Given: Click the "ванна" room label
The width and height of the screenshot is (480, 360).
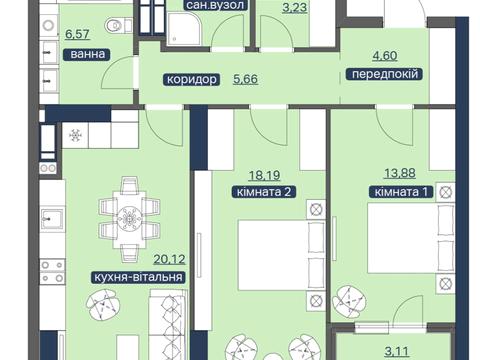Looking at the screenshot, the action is pyautogui.click(x=86, y=54).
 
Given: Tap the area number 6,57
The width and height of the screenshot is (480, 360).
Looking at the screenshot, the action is pyautogui.click(x=77, y=34).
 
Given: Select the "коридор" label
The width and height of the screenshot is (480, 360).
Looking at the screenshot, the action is pyautogui.click(x=191, y=79).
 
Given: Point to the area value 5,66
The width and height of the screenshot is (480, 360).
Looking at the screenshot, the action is pyautogui.click(x=245, y=79).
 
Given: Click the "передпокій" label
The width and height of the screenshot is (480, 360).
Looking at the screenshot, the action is pyautogui.click(x=385, y=74).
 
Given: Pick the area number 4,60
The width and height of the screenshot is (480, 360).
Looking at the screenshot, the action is pyautogui.click(x=385, y=56).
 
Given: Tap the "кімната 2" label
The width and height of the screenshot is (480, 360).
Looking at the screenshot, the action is pyautogui.click(x=264, y=192).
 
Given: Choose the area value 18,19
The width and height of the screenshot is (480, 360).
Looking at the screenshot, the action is pyautogui.click(x=265, y=175).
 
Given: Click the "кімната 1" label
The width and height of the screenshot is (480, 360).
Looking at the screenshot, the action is pyautogui.click(x=401, y=192).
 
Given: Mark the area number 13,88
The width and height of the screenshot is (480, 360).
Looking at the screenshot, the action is pyautogui.click(x=400, y=173).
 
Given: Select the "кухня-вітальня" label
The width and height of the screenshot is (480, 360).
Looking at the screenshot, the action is pyautogui.click(x=138, y=277).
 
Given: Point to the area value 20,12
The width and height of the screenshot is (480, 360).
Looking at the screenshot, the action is pyautogui.click(x=169, y=259).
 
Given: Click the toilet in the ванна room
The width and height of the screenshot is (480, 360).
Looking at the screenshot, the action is pyautogui.click(x=115, y=25).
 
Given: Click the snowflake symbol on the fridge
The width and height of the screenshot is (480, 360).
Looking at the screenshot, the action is pyautogui.click(x=75, y=135).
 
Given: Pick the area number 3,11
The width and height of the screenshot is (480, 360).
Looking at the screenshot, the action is pyautogui.click(x=397, y=351).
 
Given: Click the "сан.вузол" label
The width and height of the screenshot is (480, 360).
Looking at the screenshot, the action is pyautogui.click(x=215, y=5).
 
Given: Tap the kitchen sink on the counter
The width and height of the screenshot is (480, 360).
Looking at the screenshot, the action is pyautogui.click(x=52, y=219).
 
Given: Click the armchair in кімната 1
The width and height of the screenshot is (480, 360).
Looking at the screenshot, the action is pyautogui.click(x=350, y=302).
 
